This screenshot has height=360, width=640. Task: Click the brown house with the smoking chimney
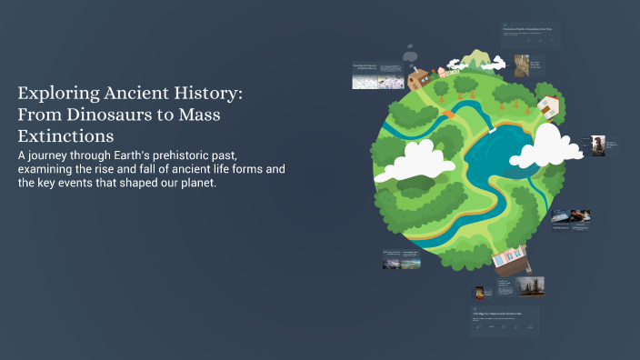click(419, 79)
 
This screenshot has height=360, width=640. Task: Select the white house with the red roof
click(549, 105)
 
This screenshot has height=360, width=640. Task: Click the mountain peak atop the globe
click(473, 62)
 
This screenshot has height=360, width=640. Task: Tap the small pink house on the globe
click(443, 71)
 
